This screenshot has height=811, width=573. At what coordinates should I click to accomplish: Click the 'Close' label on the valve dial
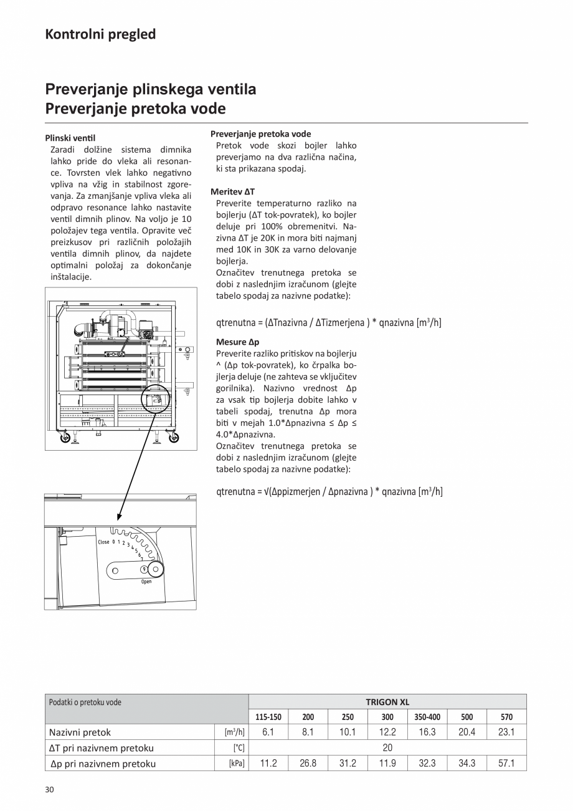103,542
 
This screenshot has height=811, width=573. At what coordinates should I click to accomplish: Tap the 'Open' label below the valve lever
146,582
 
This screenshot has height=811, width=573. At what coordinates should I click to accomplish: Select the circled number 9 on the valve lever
144,569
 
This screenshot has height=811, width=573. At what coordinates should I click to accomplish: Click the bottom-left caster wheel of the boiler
65,438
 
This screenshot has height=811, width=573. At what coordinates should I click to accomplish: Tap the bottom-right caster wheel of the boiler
173,438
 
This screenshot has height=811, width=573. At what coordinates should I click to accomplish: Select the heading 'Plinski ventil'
70,138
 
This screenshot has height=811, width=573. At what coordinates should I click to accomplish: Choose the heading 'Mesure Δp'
237,342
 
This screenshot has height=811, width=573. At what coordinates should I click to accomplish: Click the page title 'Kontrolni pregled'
100,34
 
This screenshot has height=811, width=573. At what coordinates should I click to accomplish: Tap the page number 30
50,790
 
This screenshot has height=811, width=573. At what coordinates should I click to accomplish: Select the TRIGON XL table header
387,702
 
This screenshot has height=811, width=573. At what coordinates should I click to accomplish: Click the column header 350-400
427,717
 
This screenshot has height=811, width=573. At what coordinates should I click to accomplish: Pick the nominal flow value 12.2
387,732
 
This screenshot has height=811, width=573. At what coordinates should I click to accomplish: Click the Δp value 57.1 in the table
506,763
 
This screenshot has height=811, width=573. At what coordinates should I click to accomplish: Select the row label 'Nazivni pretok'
80,732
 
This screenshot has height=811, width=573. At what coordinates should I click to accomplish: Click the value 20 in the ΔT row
387,747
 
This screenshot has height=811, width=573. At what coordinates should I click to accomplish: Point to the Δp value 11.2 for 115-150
268,763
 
